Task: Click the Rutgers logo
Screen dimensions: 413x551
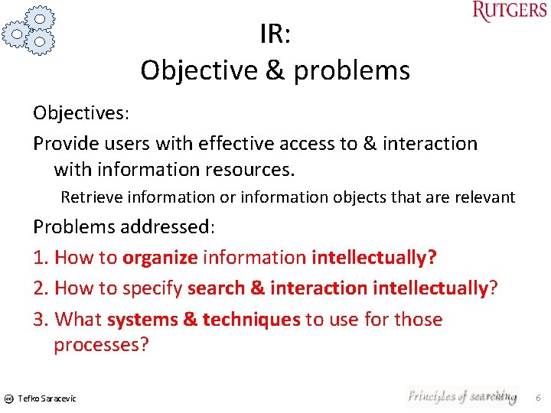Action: point(510,12)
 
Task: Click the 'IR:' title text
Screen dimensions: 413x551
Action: point(274,34)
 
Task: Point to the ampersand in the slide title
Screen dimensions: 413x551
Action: point(272,70)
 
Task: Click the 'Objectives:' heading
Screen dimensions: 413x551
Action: point(81,113)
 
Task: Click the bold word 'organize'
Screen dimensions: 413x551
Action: point(160,259)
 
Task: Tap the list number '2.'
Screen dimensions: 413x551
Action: point(41,288)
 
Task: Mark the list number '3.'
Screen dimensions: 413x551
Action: point(41,319)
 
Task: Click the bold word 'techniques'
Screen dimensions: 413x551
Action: point(251,319)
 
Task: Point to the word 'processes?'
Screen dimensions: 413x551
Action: point(101,344)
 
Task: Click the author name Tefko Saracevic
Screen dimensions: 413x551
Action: point(47,398)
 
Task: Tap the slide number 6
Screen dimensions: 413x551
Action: point(538,398)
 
